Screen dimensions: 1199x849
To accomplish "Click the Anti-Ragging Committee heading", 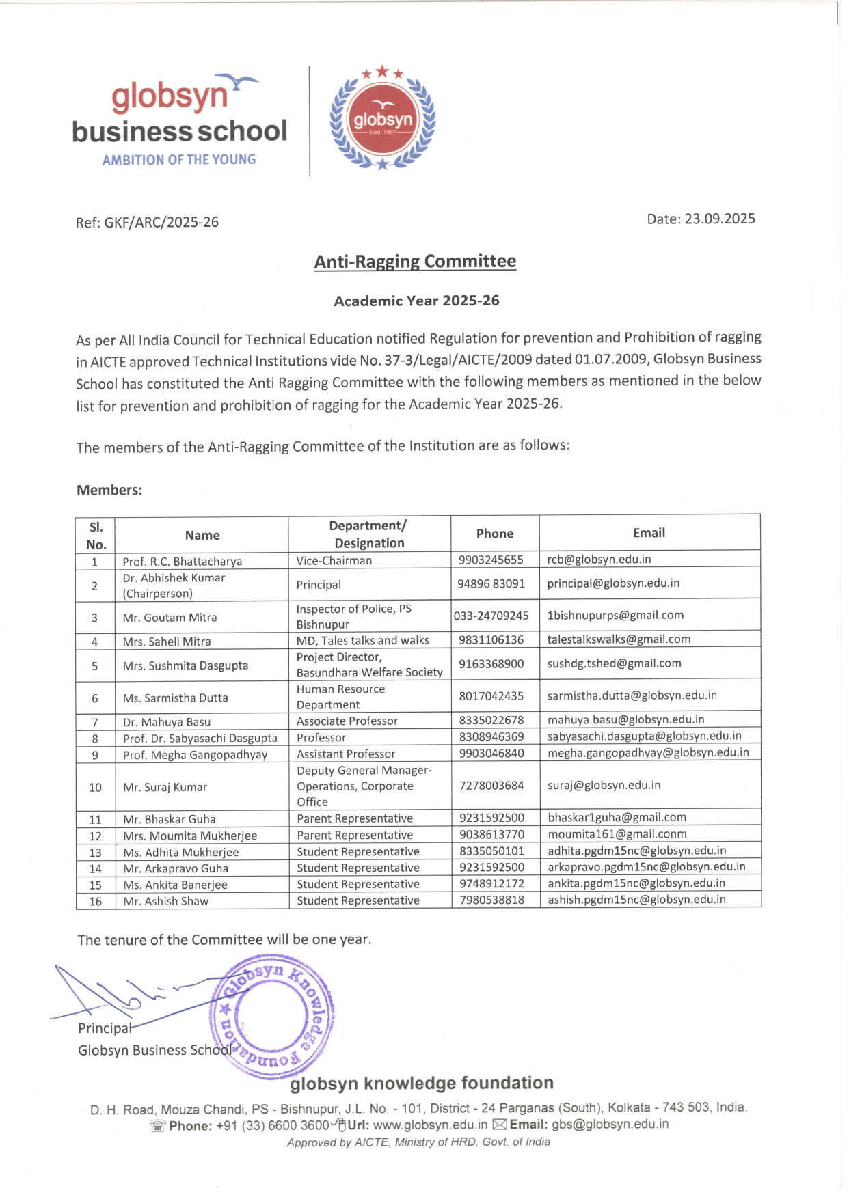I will [x=415, y=262].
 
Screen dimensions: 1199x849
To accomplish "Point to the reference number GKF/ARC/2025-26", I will [x=161, y=223].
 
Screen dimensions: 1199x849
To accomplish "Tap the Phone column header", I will [x=495, y=534].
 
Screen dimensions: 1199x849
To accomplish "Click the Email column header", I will [x=649, y=533].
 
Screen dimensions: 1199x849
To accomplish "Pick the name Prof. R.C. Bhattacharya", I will [x=183, y=562].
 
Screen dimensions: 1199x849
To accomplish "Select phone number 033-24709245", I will [x=491, y=616].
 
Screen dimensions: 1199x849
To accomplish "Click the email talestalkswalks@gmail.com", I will [x=619, y=639].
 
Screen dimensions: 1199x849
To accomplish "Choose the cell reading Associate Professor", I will [x=347, y=721].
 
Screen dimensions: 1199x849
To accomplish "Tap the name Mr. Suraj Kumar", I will [x=165, y=787].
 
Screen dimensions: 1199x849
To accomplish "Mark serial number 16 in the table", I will [x=96, y=901].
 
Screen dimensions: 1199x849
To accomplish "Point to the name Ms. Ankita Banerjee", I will [x=176, y=885].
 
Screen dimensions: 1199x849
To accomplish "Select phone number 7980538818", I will [x=492, y=900].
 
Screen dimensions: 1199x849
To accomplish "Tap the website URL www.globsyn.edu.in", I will [x=431, y=1125].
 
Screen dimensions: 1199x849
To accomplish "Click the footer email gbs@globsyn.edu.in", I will [x=610, y=1125].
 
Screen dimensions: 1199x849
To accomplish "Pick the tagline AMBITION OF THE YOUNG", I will [x=179, y=160].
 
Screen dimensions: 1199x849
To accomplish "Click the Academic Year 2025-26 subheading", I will [x=416, y=301].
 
